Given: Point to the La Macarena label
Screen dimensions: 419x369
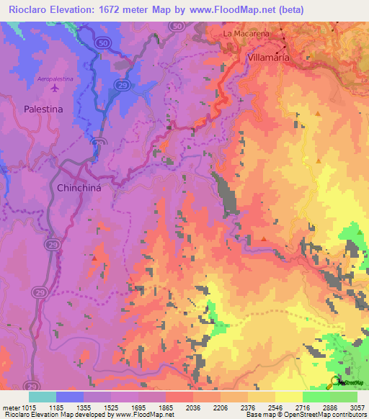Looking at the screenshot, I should click(x=245, y=34).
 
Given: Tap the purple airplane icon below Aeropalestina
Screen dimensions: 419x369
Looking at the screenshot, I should click(x=55, y=89).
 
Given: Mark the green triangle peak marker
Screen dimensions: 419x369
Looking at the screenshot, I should click(x=360, y=230).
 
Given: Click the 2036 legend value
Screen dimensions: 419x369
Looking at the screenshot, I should click(x=193, y=407).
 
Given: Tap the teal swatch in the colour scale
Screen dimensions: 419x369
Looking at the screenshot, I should click(x=43, y=397).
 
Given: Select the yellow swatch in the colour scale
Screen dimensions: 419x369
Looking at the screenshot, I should click(x=289, y=397).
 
